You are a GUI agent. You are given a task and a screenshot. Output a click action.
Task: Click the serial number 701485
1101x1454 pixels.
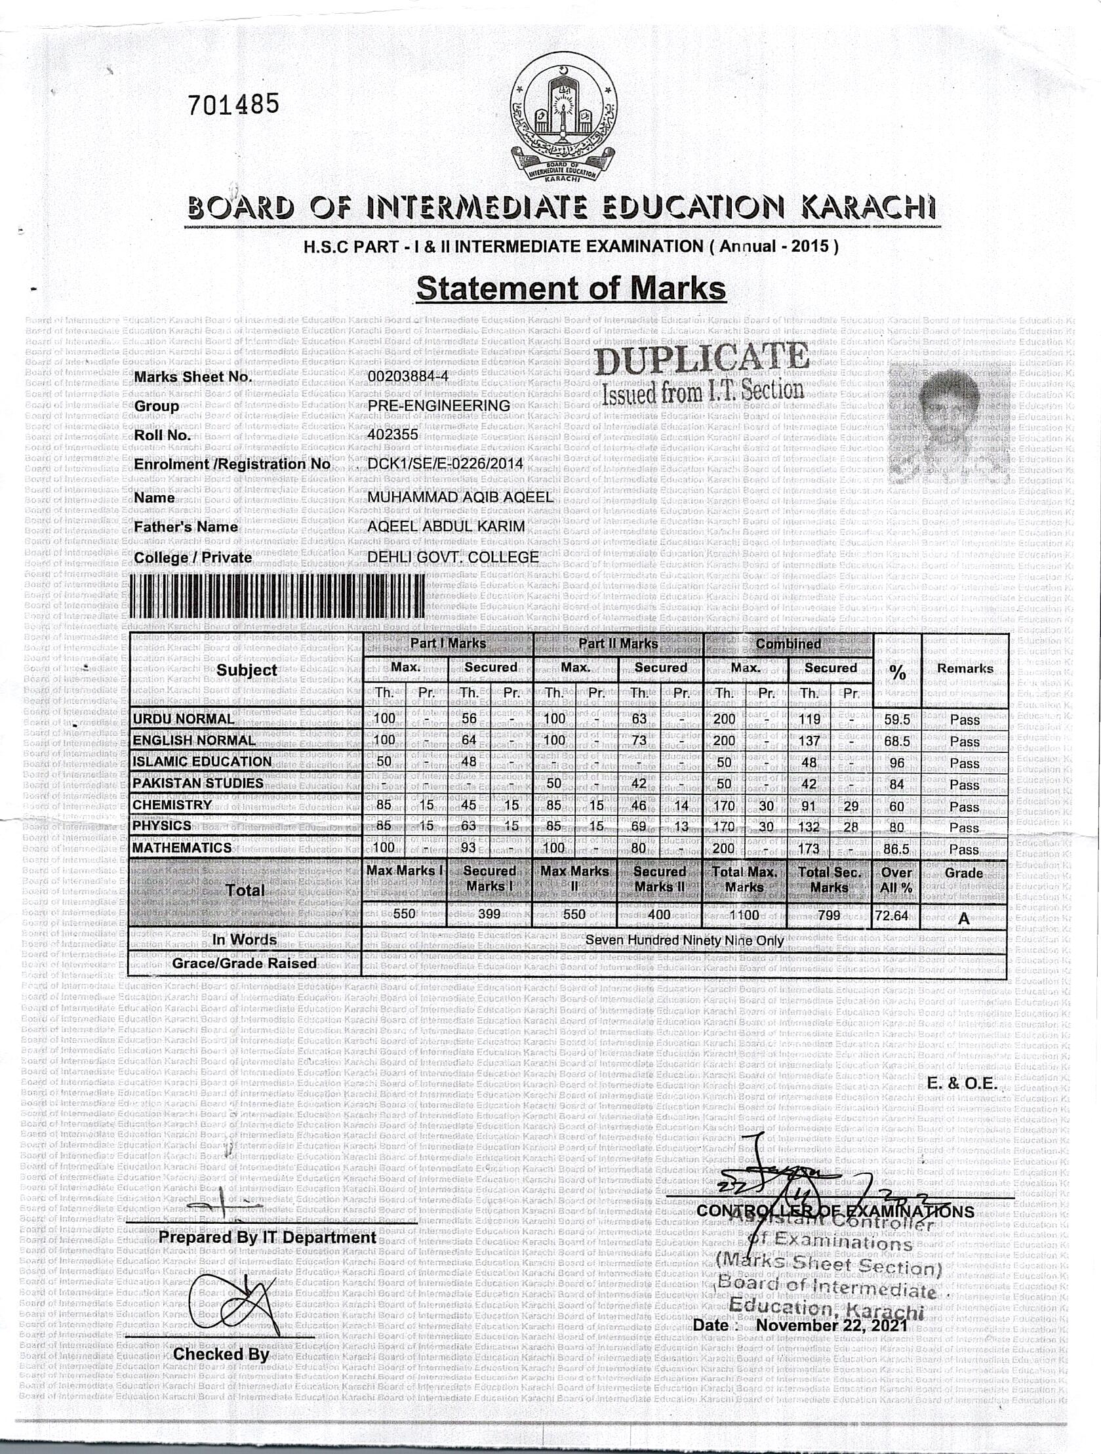(x=233, y=104)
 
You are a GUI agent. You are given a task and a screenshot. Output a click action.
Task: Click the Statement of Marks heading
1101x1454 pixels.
(x=571, y=289)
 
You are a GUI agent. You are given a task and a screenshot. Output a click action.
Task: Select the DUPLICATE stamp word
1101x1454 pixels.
(x=702, y=359)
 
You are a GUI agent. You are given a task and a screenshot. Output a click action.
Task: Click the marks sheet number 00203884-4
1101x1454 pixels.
(x=408, y=376)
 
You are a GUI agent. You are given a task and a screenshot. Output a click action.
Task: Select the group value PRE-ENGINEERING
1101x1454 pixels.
(x=439, y=405)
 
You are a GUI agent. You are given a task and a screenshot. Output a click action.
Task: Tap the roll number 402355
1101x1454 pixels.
(x=392, y=434)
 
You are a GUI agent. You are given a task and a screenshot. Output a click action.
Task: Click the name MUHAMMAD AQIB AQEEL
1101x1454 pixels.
(x=460, y=497)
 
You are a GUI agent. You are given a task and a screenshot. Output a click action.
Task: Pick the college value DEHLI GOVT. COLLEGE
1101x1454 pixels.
(x=453, y=557)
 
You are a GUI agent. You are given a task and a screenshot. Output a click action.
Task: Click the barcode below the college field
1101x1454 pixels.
(x=279, y=595)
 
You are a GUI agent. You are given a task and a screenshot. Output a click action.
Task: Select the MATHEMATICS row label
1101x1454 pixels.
(x=182, y=848)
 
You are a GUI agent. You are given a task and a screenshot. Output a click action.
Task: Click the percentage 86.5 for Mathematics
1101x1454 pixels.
(x=896, y=849)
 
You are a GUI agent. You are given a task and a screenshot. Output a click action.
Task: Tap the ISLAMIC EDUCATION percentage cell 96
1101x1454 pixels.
(x=896, y=763)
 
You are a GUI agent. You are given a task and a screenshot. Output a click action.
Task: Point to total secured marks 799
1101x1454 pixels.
(x=829, y=914)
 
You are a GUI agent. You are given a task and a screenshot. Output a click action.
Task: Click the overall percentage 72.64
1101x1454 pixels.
(x=892, y=915)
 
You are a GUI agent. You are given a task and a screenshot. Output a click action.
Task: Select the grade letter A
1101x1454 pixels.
(x=964, y=918)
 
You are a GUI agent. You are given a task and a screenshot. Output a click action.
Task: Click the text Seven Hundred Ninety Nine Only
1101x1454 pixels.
(x=684, y=940)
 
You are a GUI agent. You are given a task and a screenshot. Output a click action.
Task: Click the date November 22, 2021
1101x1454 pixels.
(x=831, y=1325)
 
